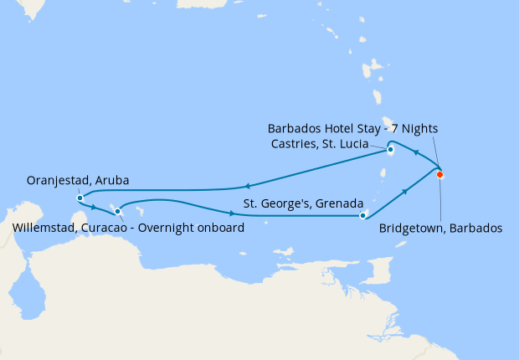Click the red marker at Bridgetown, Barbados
pos(439,174)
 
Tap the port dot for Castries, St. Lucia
pos(391,151)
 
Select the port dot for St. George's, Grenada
pos(362,215)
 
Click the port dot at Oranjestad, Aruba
pos(80,198)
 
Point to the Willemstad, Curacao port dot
pos(117,211)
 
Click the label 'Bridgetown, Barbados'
pos(440,228)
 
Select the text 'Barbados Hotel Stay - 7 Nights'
pos(353,129)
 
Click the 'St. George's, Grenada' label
pos(303,203)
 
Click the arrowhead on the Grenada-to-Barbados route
pos(405,192)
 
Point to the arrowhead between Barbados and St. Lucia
pos(417,154)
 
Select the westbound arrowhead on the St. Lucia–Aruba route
pos(248,187)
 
